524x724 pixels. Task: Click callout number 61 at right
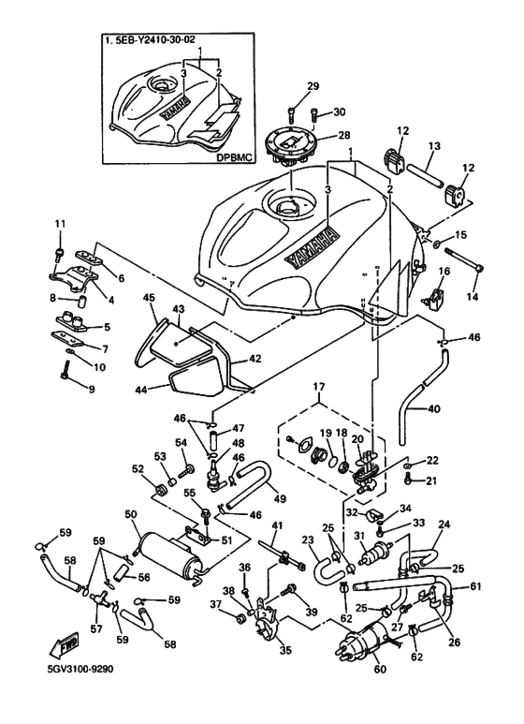point(477,586)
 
